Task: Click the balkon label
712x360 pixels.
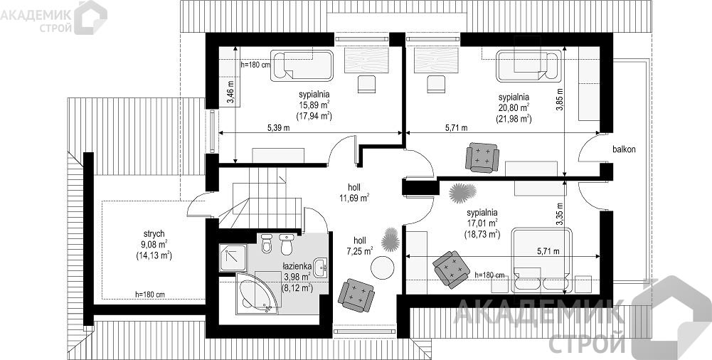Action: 624,149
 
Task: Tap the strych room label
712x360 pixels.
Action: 154,234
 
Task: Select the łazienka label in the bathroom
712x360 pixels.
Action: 297,267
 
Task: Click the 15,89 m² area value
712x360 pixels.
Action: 314,105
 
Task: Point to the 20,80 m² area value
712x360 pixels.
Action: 514,107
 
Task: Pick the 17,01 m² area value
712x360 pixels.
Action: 482,223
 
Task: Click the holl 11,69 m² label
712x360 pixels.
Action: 353,193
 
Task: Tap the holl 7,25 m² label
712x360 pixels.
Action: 358,245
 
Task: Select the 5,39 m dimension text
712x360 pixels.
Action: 278,128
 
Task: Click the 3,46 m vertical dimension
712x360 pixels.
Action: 230,92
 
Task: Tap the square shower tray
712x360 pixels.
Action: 233,258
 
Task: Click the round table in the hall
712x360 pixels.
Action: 381,268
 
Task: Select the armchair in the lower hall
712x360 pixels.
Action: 356,295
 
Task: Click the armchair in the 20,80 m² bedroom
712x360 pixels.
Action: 482,157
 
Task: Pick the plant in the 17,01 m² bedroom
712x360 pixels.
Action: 463,193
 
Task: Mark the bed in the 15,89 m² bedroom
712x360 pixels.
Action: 302,66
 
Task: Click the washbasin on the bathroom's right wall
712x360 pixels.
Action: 323,266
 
